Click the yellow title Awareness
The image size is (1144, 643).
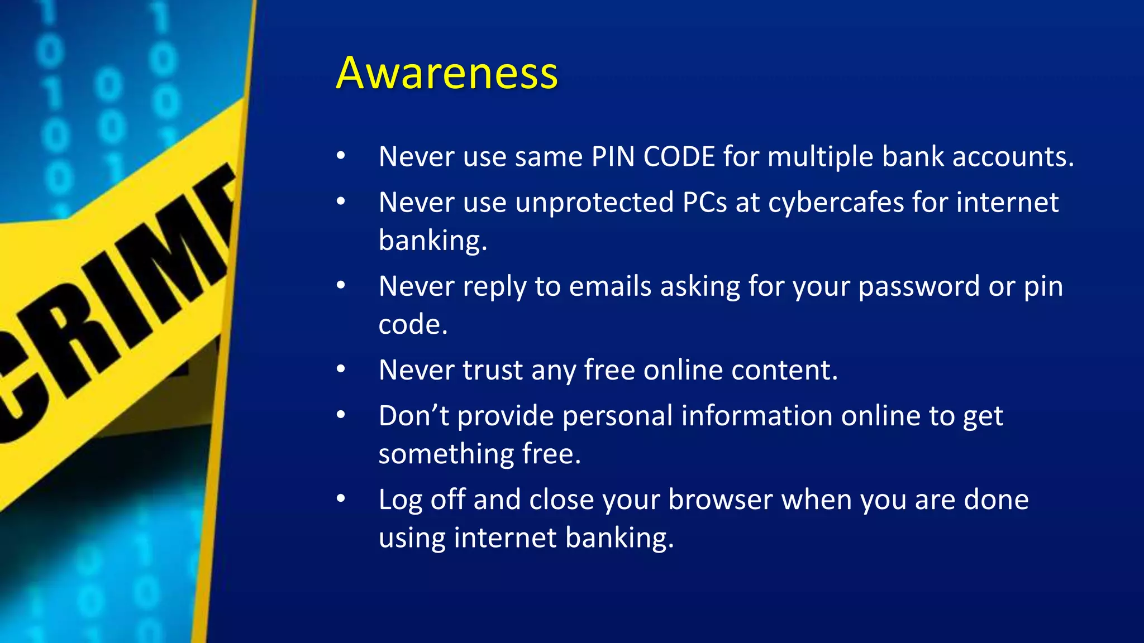447,73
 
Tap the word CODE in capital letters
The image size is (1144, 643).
679,156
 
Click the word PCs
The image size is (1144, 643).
704,202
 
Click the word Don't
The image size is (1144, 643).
413,416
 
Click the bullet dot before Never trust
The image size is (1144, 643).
341,370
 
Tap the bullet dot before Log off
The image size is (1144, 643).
341,499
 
